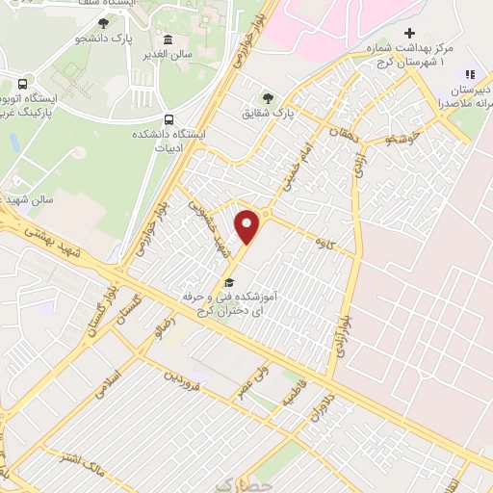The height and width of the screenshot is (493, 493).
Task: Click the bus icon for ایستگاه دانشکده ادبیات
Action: (169, 119)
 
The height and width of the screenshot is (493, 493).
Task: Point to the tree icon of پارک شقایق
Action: (268, 97)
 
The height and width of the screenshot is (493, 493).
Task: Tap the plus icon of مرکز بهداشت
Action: (409, 33)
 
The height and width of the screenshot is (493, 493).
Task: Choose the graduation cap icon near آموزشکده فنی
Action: (229, 282)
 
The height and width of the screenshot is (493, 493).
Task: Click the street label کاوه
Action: (332, 246)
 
